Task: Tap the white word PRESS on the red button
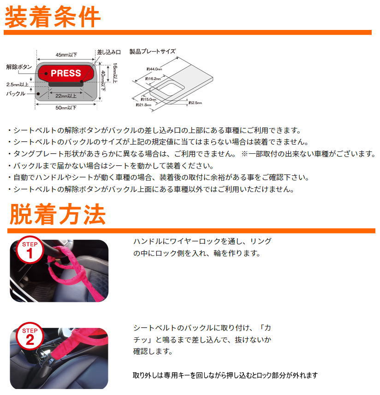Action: point(65,73)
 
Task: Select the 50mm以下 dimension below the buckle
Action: point(66,108)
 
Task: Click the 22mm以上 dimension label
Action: point(66,96)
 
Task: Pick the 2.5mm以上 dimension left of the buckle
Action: point(18,84)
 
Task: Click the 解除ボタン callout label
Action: point(19,67)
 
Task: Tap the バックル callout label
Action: point(16,93)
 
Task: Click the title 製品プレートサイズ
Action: point(152,51)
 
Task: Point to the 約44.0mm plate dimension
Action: point(154,69)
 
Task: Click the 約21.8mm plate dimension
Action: point(143,105)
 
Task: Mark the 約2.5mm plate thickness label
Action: point(196,103)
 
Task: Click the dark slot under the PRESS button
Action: point(65,84)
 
